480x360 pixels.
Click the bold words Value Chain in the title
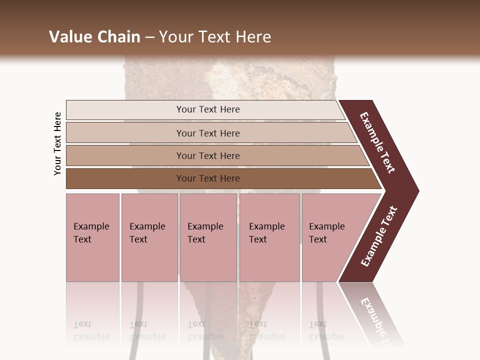[x=94, y=37]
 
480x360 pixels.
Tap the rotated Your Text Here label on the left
[x=57, y=143]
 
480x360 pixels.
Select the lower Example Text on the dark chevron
[x=379, y=236]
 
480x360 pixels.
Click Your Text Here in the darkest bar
[x=208, y=178]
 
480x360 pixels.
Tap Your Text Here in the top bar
[x=208, y=109]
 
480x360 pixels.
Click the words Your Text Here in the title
[x=215, y=37]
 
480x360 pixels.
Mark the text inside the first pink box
[x=91, y=233]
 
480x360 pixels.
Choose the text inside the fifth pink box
[x=326, y=233]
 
